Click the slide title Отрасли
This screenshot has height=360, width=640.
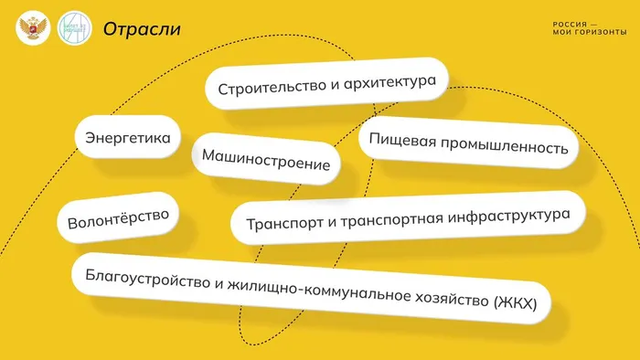(x=142, y=29)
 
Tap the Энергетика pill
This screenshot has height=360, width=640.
(x=128, y=139)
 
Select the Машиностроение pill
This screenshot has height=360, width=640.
(x=265, y=160)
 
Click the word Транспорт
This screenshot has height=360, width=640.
(x=281, y=223)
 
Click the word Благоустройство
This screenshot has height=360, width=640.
(x=146, y=277)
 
